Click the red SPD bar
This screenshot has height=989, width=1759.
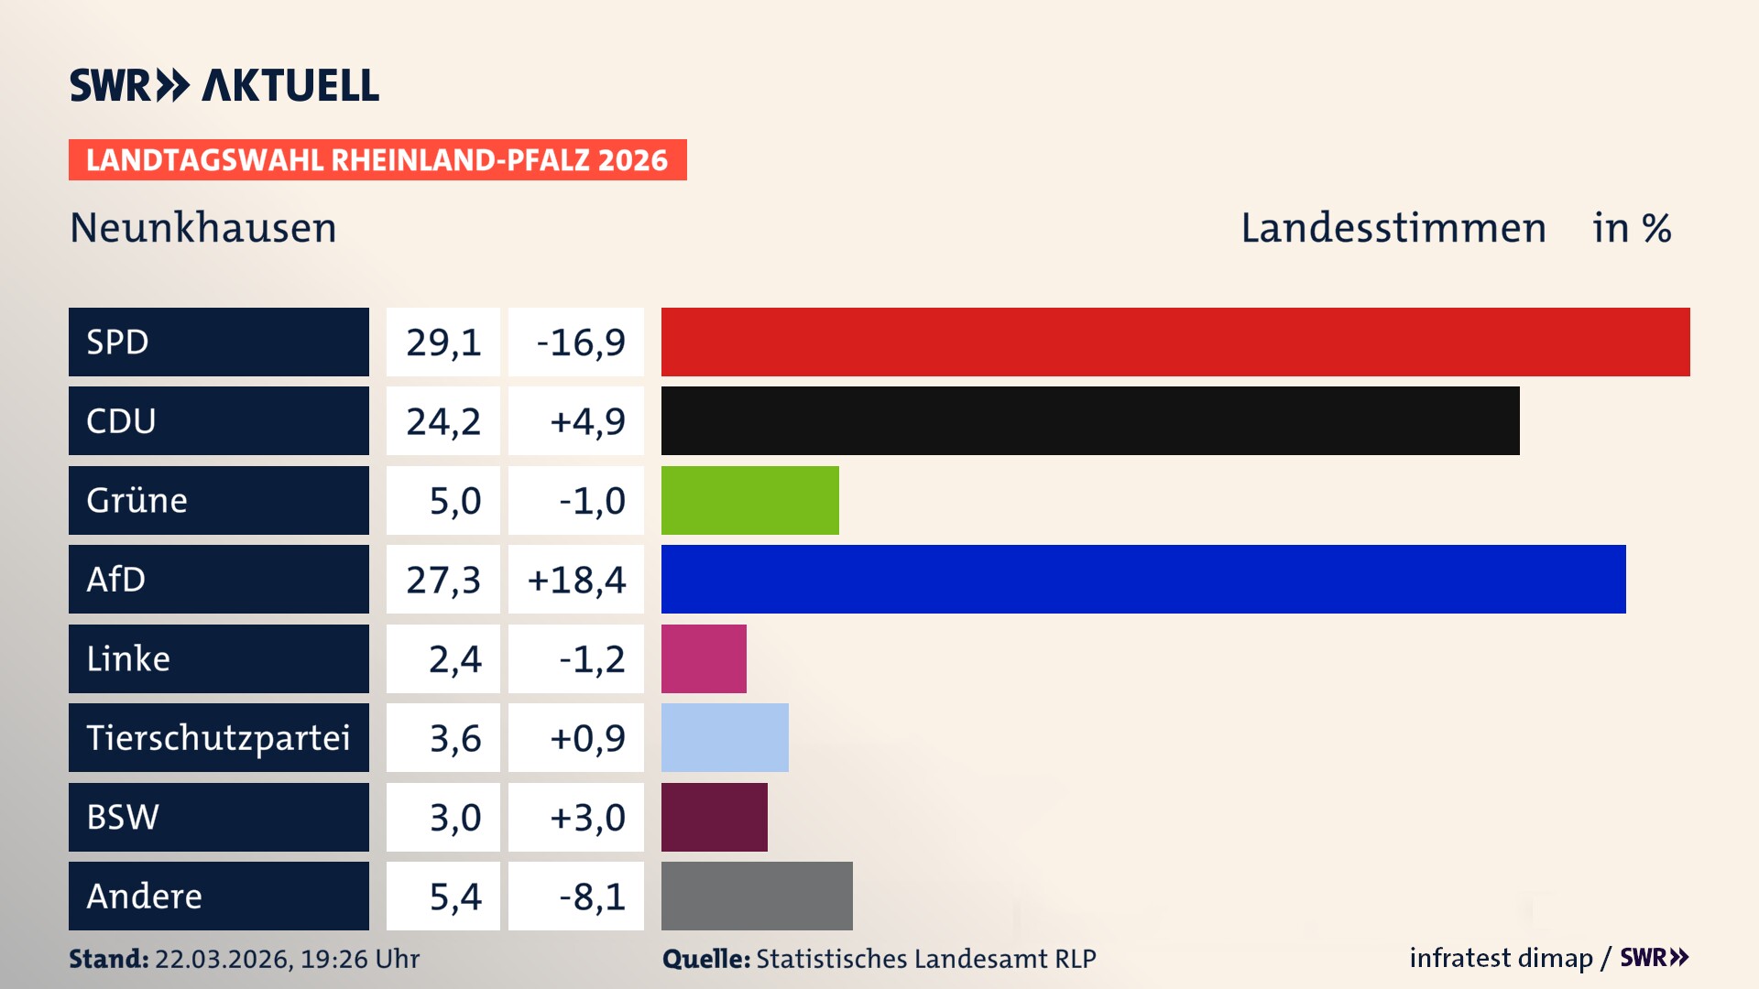1175,342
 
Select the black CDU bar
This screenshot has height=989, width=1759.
1090,421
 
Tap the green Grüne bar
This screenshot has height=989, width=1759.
749,500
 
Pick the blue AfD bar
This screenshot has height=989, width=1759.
1143,580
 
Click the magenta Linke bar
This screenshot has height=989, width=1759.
704,658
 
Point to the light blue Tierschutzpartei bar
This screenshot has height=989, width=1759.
725,738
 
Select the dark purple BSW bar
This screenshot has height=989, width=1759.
714,817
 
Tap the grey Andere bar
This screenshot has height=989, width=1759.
757,896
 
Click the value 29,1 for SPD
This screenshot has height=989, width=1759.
443,342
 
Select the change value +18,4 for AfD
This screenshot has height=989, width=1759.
576,580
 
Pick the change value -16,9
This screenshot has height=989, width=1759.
580,342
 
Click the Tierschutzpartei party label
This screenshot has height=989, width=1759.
218,738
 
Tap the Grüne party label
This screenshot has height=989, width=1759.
137,501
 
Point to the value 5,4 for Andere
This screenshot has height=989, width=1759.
454,897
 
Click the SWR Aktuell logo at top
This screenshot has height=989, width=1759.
224,85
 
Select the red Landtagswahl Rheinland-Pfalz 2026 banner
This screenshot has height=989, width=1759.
377,160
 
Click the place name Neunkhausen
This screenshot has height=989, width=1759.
203,228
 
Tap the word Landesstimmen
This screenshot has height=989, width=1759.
1393,228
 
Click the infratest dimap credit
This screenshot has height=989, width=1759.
1500,958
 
